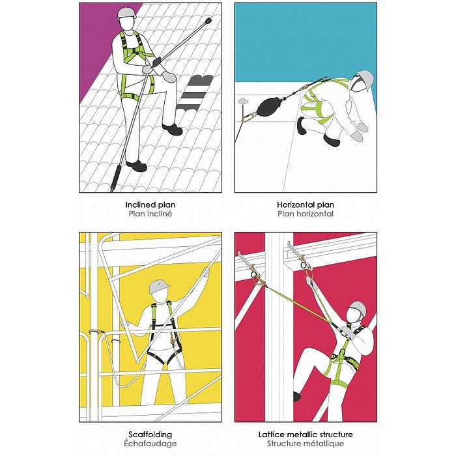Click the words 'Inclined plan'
(x=150, y=205)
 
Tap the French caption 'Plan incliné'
(x=150, y=214)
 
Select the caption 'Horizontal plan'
(x=306, y=205)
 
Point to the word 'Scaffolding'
(x=150, y=435)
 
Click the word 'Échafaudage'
(x=150, y=444)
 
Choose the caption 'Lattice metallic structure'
(x=306, y=435)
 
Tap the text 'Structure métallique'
(x=306, y=444)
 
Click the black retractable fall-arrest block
(x=269, y=106)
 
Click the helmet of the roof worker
(x=126, y=13)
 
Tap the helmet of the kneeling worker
(x=365, y=79)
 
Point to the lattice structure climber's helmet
(x=358, y=307)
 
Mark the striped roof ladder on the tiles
(x=193, y=93)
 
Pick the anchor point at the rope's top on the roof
(x=208, y=21)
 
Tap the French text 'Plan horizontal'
(x=306, y=214)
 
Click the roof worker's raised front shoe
(x=173, y=129)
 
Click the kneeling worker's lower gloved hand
(x=357, y=136)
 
